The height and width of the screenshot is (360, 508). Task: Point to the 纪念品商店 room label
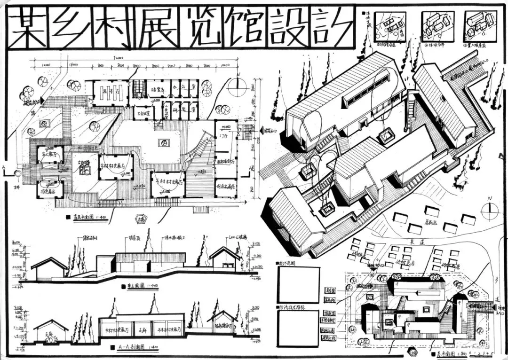225,186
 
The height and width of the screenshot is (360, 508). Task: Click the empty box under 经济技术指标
297,328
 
